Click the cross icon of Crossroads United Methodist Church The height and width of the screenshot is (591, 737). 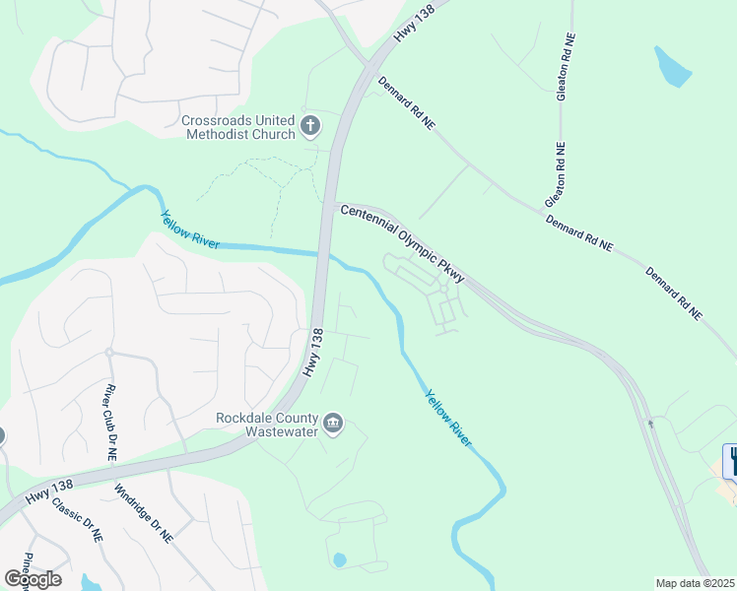[x=310, y=125]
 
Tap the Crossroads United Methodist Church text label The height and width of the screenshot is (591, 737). [x=238, y=128]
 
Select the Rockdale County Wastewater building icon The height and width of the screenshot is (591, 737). [x=333, y=424]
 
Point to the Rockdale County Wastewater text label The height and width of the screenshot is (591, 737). [x=269, y=424]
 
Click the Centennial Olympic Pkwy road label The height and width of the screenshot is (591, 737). [x=402, y=238]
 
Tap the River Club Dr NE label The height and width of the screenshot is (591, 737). [x=110, y=423]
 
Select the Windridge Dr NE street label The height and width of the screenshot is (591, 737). [x=143, y=513]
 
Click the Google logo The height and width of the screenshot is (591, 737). [x=32, y=578]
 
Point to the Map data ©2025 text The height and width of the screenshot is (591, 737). [x=696, y=583]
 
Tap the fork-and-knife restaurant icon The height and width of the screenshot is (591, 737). [x=730, y=461]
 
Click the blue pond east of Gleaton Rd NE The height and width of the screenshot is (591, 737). [x=673, y=66]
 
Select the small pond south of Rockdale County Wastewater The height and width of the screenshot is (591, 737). [x=340, y=559]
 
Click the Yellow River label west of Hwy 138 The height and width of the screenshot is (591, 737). [x=190, y=229]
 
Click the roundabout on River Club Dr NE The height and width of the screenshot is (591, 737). [x=109, y=352]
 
